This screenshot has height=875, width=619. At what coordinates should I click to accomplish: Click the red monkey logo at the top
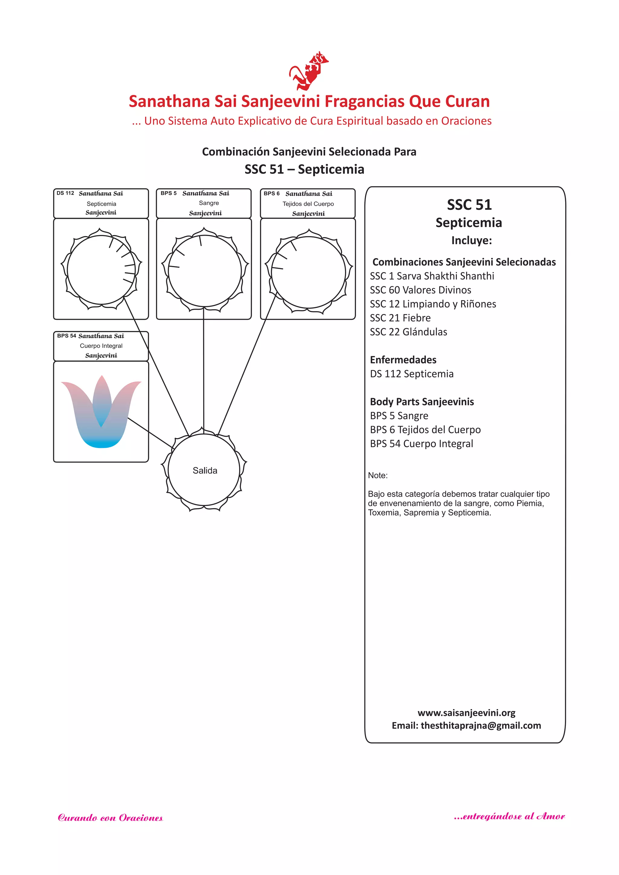(308, 71)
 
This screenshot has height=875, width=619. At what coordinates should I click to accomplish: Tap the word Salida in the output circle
(205, 471)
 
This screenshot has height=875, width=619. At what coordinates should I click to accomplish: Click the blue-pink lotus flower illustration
(101, 412)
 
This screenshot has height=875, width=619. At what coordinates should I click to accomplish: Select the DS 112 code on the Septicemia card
(65, 193)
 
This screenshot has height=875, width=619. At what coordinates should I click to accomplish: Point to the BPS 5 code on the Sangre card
(168, 193)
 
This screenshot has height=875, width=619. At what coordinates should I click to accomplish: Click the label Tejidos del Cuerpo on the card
(308, 204)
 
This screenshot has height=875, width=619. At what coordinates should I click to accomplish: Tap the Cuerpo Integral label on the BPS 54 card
(101, 346)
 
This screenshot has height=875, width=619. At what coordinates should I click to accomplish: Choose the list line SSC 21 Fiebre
(400, 318)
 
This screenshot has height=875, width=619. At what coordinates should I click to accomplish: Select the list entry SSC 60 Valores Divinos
(420, 290)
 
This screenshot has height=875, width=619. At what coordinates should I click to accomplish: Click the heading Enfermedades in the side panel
(403, 360)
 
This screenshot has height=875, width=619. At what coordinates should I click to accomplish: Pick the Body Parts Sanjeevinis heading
(422, 402)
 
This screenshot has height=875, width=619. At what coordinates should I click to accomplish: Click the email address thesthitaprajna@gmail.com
(480, 726)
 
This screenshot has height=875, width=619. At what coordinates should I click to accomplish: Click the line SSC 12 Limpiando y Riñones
(433, 304)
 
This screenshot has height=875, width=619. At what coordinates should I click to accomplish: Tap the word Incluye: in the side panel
(472, 241)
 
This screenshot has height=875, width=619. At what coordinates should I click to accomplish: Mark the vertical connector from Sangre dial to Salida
(203, 370)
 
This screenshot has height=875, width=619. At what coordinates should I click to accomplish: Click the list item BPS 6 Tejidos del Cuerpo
(425, 430)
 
